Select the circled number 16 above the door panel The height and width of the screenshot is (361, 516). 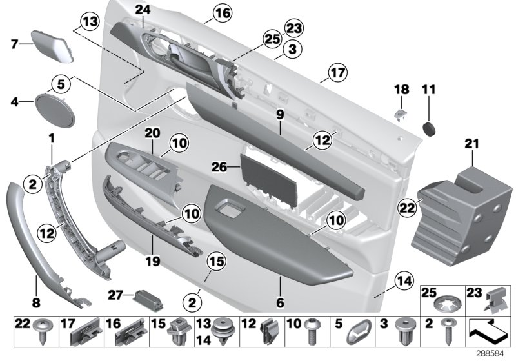coord(204,12)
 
